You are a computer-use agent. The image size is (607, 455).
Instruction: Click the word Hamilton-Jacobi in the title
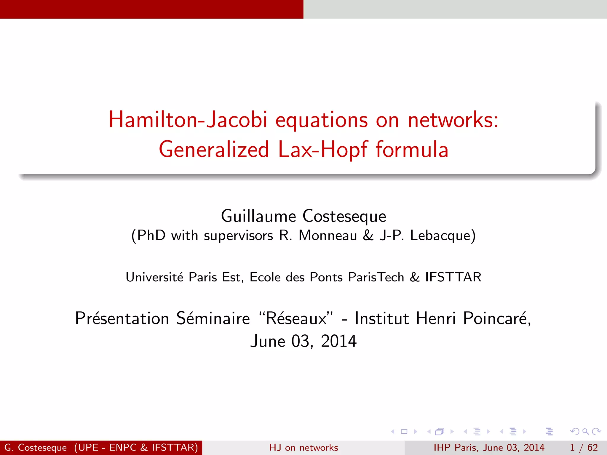(188, 120)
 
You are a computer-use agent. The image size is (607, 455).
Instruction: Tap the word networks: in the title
(453, 120)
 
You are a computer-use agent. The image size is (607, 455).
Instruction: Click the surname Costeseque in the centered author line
(344, 216)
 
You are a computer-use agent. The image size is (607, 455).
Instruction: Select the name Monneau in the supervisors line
(328, 235)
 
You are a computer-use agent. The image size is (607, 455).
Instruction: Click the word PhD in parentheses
(151, 235)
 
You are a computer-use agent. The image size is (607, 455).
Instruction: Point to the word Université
(154, 277)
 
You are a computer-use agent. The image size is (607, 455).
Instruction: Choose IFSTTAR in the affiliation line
(453, 277)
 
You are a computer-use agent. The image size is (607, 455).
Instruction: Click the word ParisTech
(376, 277)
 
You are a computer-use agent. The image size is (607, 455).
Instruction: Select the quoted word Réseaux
(296, 318)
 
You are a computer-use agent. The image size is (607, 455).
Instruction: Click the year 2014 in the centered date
(339, 341)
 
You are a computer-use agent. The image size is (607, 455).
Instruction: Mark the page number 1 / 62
(584, 448)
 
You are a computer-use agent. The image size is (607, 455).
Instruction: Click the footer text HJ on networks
(303, 448)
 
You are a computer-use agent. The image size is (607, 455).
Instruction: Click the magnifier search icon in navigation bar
(586, 432)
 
